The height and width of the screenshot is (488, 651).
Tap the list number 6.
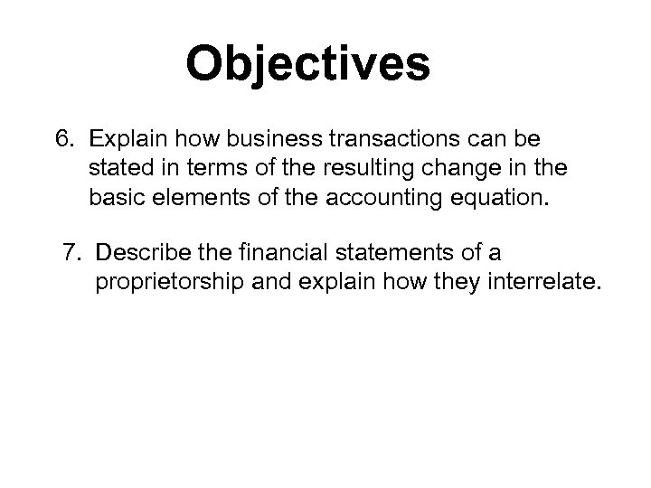pos(62,140)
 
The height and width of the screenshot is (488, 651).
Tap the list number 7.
pos(73,250)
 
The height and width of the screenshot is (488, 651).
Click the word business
pos(277,140)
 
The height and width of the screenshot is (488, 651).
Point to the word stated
pos(118,168)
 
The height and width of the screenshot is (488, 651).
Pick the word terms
pos(199,168)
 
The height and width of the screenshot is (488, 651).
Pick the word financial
pos(274,250)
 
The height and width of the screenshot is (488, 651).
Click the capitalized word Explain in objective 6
pos(127,140)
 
